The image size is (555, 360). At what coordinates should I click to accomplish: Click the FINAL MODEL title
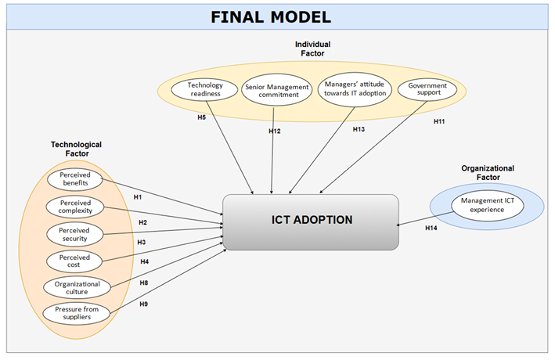click(x=277, y=16)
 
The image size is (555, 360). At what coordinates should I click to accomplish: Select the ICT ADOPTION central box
click(x=311, y=221)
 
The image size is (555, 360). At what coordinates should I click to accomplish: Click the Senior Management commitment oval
click(x=272, y=90)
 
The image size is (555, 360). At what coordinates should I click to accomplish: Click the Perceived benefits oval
click(x=74, y=180)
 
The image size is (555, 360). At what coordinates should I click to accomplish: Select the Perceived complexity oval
click(x=74, y=207)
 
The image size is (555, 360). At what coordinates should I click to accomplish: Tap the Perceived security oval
click(x=74, y=234)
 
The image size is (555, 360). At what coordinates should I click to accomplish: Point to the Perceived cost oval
click(x=74, y=261)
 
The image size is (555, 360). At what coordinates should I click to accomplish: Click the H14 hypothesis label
click(x=431, y=228)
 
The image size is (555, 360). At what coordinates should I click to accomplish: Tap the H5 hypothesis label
click(x=201, y=117)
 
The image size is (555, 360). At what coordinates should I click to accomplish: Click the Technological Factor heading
click(x=76, y=149)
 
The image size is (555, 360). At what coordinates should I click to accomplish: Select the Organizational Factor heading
click(x=487, y=172)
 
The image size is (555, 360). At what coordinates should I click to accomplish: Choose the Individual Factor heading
click(x=313, y=49)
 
